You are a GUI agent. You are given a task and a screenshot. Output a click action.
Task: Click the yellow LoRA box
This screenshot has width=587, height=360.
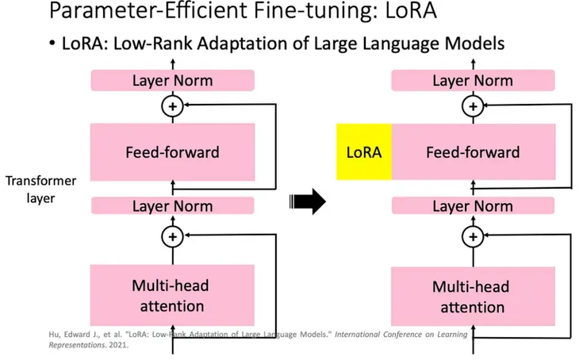pos(364,151)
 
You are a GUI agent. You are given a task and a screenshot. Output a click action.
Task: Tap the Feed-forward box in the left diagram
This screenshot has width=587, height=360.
pos(172,151)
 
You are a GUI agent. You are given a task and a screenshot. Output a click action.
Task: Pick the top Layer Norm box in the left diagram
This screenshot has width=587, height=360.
pos(172,80)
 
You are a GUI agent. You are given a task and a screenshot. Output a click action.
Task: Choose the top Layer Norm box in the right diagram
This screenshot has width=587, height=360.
pos(472,80)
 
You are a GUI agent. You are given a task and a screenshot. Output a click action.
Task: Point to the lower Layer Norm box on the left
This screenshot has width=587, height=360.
pos(172,206)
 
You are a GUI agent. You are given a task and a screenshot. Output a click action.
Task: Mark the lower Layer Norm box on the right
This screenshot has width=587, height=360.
pos(472,206)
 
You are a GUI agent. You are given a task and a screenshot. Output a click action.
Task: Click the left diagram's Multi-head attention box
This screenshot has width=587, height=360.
pos(172,295)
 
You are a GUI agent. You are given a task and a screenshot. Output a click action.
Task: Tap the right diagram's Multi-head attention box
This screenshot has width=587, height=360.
pos(472,295)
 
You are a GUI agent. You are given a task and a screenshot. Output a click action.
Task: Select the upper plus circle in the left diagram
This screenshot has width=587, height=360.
pos(172,105)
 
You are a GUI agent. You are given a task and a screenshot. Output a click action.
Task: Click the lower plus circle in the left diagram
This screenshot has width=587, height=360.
pos(172,236)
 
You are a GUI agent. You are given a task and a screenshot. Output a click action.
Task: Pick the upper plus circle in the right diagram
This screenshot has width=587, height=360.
pos(473,105)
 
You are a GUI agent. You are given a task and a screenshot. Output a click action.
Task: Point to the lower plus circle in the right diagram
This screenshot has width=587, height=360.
pos(473,236)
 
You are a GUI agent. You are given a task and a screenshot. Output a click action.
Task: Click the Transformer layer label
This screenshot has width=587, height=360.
pos(41,190)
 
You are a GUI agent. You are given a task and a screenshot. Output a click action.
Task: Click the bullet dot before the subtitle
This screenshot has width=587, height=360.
pos(52,44)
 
